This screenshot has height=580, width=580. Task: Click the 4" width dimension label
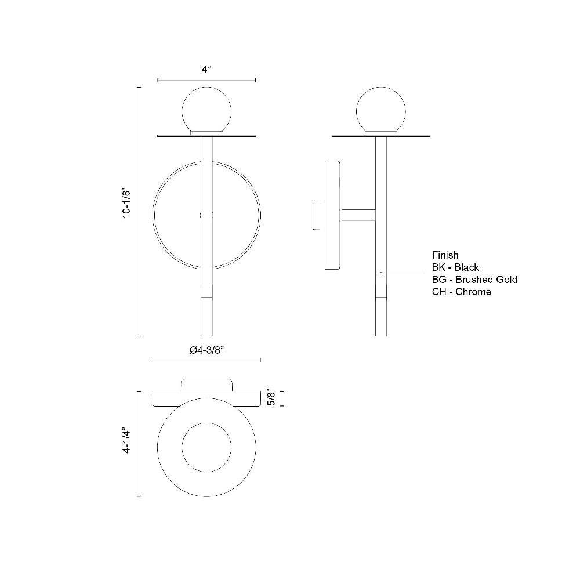[206, 69]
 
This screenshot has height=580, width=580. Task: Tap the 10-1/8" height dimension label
[126, 204]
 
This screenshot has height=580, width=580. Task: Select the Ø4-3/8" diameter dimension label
[207, 350]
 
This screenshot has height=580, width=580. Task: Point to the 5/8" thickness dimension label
[272, 398]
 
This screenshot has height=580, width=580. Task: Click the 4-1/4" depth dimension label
[126, 441]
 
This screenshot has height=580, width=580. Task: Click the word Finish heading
[445, 255]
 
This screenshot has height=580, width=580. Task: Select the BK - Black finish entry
[455, 267]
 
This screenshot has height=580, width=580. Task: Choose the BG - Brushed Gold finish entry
[474, 280]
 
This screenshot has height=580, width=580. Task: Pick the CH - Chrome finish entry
[462, 292]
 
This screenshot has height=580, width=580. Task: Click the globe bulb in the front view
[207, 110]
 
